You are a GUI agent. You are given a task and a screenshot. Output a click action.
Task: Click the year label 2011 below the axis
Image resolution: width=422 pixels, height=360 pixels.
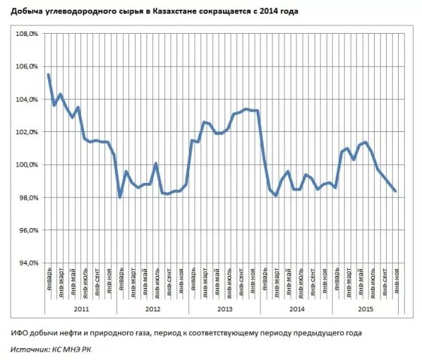click(x=80, y=307)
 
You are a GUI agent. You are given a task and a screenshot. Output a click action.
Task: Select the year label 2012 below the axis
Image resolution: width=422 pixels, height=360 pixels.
click(x=152, y=307)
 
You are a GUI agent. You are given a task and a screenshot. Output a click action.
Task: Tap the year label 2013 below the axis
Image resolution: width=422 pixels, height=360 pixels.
click(x=224, y=307)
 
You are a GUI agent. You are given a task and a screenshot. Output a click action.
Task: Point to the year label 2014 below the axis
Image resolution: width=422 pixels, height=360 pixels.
click(x=295, y=307)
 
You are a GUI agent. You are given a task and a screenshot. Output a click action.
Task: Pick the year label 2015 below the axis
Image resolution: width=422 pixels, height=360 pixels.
click(x=366, y=307)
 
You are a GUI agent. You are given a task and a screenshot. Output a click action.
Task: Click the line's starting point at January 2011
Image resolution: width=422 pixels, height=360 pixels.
click(x=49, y=74)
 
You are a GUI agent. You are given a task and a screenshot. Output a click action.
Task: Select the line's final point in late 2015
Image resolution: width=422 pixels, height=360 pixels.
click(x=395, y=191)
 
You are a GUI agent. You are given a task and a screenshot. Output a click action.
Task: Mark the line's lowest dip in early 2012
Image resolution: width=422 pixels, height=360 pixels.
click(x=120, y=197)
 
